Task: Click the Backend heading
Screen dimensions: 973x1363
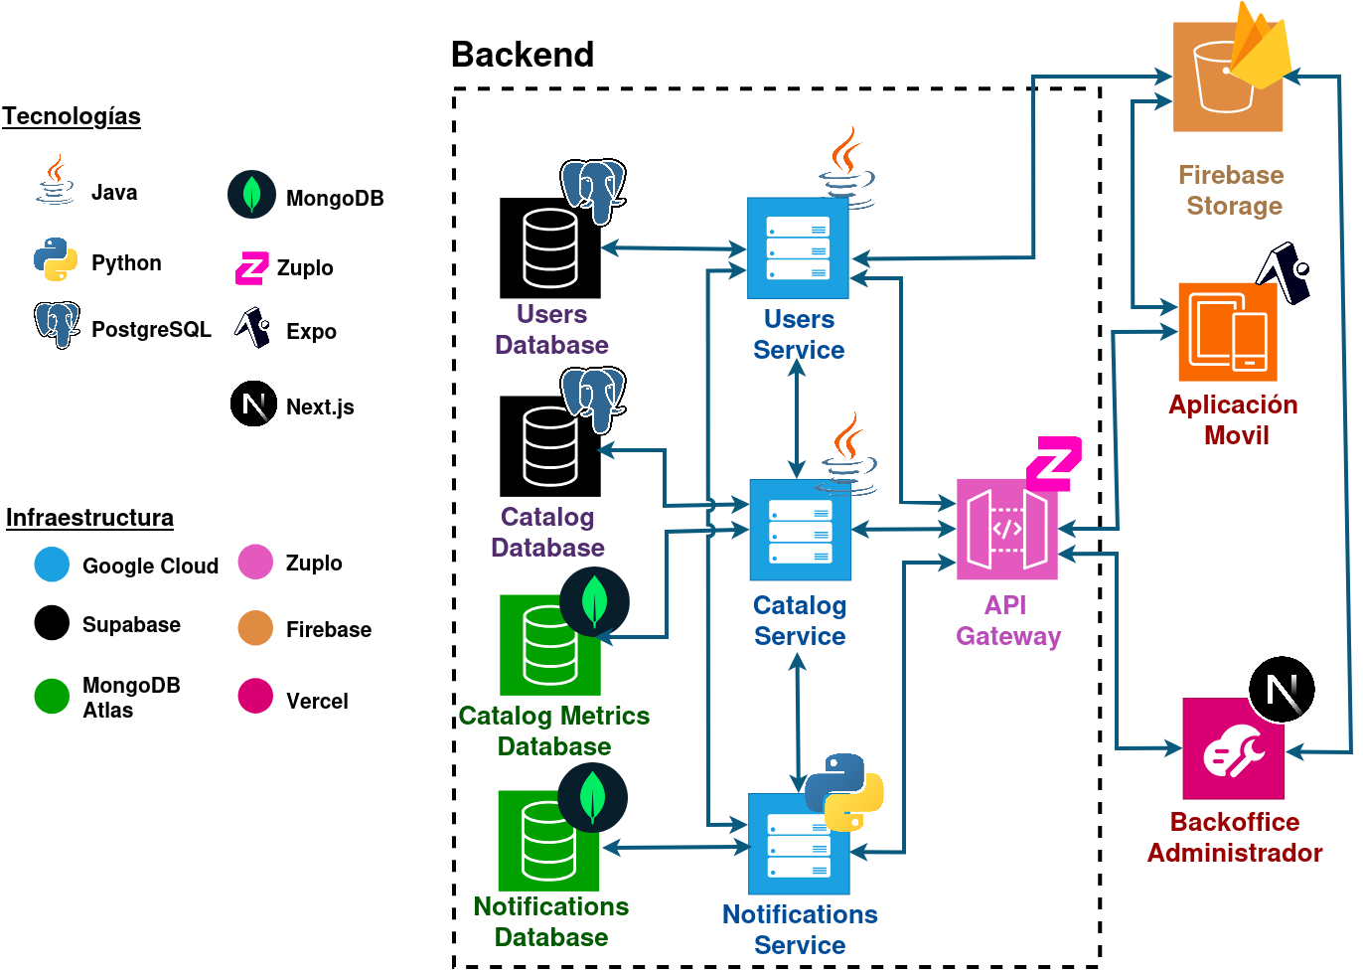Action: point(523,55)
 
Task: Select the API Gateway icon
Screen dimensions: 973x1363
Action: point(1006,529)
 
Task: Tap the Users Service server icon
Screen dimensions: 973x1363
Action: point(798,248)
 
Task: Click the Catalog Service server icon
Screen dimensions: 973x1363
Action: point(800,530)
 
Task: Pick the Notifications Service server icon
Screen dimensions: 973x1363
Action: point(799,845)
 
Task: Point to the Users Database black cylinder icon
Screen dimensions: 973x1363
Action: point(549,248)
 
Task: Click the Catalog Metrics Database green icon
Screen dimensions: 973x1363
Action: point(549,646)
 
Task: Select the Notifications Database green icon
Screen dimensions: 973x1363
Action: point(548,841)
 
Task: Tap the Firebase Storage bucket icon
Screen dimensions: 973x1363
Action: point(1227,78)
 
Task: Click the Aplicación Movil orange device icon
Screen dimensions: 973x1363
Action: point(1228,332)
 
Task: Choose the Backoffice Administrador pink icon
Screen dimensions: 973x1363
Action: point(1233,748)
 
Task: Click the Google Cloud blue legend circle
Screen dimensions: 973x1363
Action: point(52,565)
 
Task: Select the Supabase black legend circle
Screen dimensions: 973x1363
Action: point(52,623)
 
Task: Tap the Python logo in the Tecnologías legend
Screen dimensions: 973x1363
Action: point(56,259)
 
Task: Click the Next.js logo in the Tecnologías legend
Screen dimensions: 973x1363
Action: point(253,404)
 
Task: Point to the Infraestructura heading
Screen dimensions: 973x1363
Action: point(89,518)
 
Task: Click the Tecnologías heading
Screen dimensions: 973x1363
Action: point(72,116)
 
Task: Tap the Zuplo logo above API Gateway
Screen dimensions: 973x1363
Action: point(1053,462)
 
